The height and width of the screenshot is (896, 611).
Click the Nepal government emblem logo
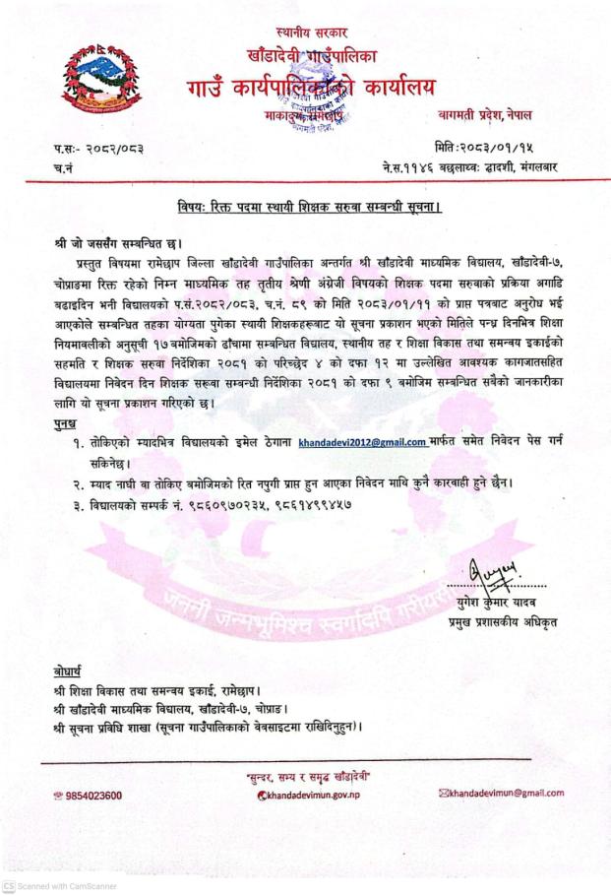coord(102,84)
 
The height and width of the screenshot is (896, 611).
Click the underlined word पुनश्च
coord(67,423)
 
